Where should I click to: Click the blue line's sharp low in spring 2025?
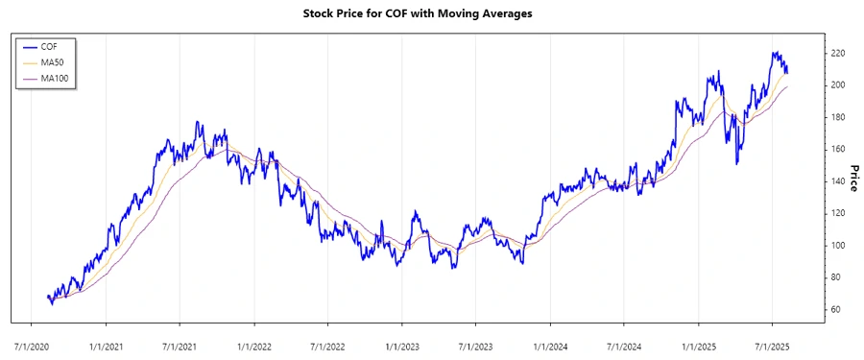point(737,162)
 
